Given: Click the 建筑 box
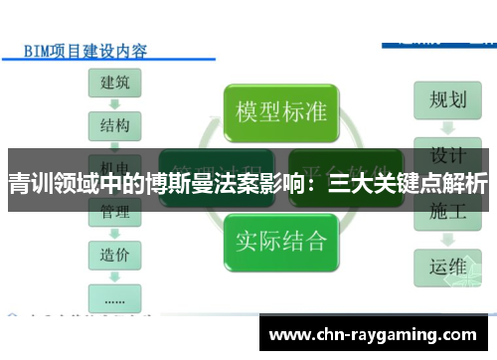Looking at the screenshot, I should point(114,84).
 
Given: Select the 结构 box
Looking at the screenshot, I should point(114,126).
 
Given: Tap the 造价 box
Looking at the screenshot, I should point(114,254).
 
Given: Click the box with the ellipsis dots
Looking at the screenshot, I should point(114,295).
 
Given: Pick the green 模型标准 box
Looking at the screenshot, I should point(281,110).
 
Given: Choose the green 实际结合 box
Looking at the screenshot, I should point(281,240).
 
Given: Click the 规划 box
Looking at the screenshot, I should point(447,99).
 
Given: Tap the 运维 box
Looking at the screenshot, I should point(447,268).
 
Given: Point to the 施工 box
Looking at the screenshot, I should point(447,212).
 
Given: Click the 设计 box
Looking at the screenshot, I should point(447,156).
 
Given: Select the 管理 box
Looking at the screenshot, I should point(114,212).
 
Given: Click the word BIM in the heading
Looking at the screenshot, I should point(37,49).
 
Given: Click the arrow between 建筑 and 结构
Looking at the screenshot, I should point(114,105).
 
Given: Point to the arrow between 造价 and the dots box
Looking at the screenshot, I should point(114,274).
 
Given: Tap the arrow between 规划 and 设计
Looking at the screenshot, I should point(447,127).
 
